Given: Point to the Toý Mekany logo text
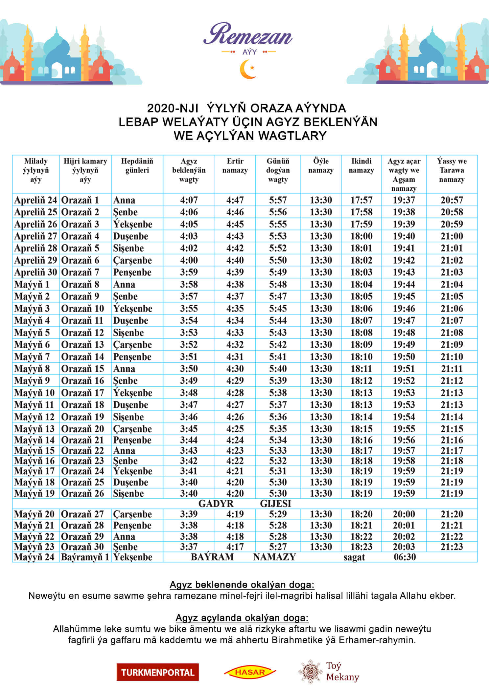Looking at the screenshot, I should pos(342,671).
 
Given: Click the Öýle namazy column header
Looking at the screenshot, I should pos(321,166).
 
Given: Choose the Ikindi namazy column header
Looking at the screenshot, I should pos(361,166).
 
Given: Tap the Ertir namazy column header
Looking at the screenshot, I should pos(235,166).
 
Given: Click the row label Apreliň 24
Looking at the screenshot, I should pos(35,200).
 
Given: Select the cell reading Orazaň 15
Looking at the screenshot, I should pos(82,369).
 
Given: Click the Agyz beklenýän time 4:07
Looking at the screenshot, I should pos(189,200).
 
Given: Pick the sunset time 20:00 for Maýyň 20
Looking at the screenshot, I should pos(404,514).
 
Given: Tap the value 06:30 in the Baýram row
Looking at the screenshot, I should pos(405,557).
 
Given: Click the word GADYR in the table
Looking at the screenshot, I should pos(216,504).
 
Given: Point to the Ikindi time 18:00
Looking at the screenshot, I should pos(361,236).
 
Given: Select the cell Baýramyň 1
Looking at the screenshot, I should pos(85,557).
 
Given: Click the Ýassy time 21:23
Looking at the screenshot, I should pos(452,547).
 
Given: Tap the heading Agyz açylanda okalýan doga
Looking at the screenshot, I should pos(242,618).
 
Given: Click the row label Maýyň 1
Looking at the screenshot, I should pos(32,284).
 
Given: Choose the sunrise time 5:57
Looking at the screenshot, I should pos(278,200).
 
